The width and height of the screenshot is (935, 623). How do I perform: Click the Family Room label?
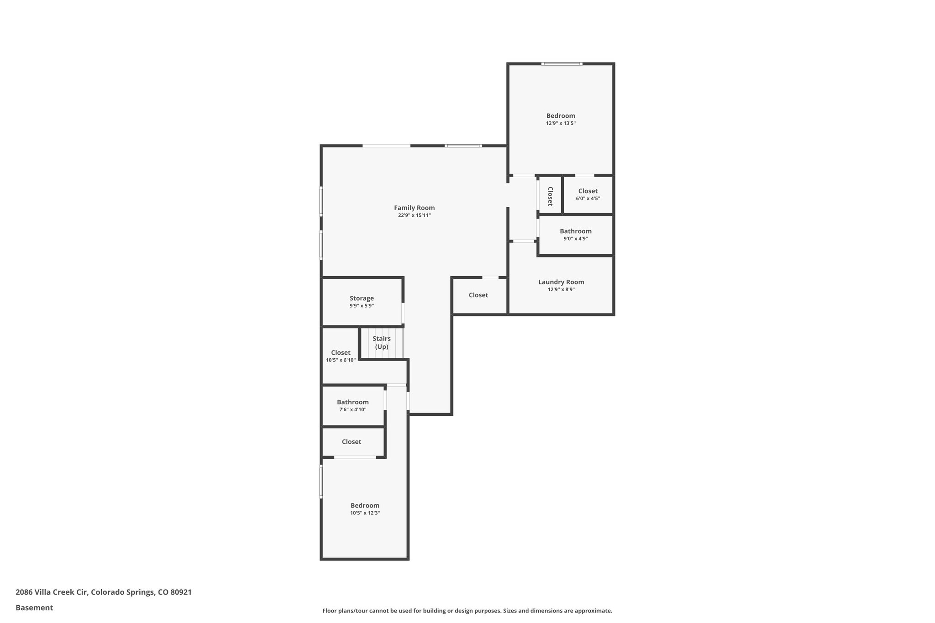414,208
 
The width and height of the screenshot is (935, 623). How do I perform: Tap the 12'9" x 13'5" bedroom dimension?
561,123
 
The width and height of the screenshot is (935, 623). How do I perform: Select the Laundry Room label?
561,282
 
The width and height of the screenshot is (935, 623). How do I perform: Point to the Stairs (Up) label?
382,342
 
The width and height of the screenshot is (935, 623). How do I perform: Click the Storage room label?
362,298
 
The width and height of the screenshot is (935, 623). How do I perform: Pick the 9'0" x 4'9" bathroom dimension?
575,239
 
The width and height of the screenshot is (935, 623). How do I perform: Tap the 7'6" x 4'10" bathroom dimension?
352,410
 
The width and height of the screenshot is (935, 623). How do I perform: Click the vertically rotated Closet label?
550,196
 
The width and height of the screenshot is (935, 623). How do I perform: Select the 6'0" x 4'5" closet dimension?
588,199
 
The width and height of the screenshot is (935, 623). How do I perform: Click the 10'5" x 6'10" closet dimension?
341,360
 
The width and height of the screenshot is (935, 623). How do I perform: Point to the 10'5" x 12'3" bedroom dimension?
365,513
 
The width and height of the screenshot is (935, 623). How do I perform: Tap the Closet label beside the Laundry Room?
478,295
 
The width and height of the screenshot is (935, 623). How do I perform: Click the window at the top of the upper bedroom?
562,64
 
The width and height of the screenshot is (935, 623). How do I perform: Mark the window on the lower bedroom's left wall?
321,481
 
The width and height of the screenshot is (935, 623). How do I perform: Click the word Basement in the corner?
34,608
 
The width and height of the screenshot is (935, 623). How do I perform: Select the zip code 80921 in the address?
181,592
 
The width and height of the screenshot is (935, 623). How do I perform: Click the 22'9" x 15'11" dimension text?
414,215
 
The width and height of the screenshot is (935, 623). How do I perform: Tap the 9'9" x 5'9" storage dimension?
362,306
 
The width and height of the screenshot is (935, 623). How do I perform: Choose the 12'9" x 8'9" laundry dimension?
561,289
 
